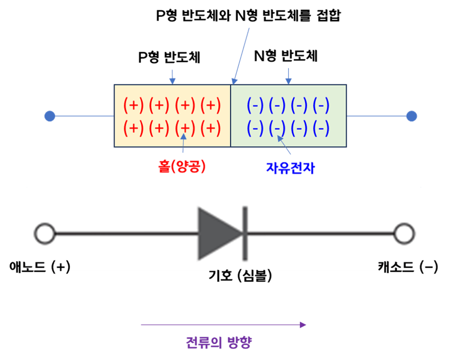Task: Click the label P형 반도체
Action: click(169, 58)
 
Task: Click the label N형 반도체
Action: click(286, 56)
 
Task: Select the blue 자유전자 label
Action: click(290, 167)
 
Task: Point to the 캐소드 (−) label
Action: click(408, 267)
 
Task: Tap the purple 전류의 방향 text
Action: click(218, 342)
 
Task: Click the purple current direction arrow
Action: click(223, 324)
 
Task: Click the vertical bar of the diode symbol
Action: click(245, 234)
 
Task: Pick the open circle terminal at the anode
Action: click(45, 234)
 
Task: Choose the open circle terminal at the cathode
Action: click(404, 234)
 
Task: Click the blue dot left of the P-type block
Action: click(49, 117)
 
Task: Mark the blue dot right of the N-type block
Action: click(411, 116)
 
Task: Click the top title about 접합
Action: click(248, 15)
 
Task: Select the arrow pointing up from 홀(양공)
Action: click(183, 145)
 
